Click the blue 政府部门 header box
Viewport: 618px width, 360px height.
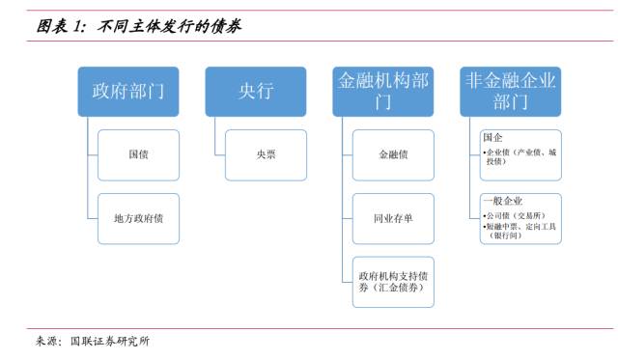click(x=127, y=91)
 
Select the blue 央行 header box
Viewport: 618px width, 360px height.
click(x=255, y=91)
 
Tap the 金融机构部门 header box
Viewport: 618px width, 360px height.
click(x=382, y=91)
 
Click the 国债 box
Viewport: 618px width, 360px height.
click(x=138, y=154)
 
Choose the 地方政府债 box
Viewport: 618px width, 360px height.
click(x=138, y=218)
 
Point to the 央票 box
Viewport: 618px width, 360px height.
click(x=265, y=154)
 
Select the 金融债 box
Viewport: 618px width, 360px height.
click(x=392, y=154)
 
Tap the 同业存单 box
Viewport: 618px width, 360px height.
click(x=392, y=218)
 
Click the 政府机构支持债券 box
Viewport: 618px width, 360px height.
click(x=392, y=275)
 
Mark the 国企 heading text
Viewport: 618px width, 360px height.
click(x=492, y=138)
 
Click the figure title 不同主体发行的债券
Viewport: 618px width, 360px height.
click(x=171, y=26)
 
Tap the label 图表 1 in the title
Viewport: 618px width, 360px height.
click(x=63, y=26)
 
